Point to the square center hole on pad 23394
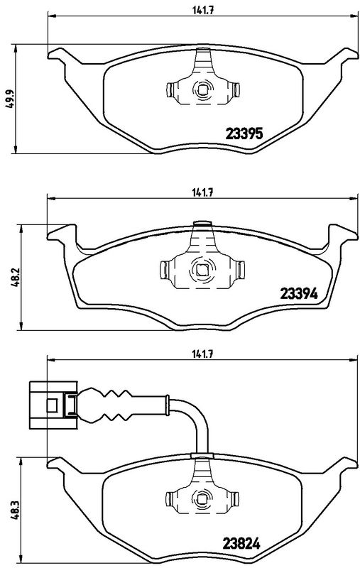point(202,270)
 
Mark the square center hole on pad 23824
point(202,498)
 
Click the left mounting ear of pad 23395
point(60,53)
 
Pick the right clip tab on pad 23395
point(236,90)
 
